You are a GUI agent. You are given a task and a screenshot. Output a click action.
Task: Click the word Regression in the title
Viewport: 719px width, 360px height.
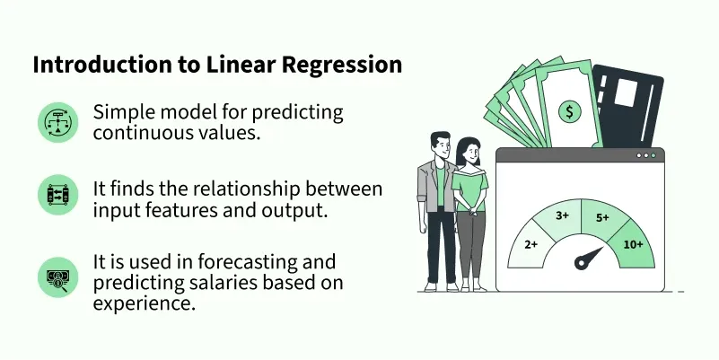[341, 66]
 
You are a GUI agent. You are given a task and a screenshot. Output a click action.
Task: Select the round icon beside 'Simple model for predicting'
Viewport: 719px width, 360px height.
[57, 122]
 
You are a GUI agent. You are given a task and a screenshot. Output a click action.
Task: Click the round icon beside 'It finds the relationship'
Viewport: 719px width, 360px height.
[57, 195]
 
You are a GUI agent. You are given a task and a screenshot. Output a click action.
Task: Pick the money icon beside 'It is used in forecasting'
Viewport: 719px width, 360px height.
[57, 277]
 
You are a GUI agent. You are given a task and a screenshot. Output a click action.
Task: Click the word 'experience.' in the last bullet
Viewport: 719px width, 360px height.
[145, 304]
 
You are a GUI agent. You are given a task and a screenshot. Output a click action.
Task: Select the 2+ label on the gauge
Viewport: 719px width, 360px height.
[530, 245]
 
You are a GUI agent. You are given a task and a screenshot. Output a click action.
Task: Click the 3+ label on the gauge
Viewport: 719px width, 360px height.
[562, 215]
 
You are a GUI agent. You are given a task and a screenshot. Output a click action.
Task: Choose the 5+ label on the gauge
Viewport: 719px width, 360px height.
[602, 218]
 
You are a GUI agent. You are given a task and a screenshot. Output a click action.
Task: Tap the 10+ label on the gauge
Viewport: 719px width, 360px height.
[633, 245]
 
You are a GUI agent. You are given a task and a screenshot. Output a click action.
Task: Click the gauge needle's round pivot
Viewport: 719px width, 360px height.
[581, 263]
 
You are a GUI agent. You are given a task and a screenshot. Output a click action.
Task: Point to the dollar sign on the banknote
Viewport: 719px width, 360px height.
[569, 111]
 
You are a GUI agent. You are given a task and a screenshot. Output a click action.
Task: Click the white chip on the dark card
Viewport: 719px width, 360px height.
[626, 93]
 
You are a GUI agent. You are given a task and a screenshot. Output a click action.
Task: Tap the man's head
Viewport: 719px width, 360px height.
[440, 145]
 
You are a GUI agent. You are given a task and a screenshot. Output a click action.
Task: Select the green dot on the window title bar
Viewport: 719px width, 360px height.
[653, 155]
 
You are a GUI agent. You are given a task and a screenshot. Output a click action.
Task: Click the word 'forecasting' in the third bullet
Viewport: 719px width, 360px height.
[243, 262]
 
